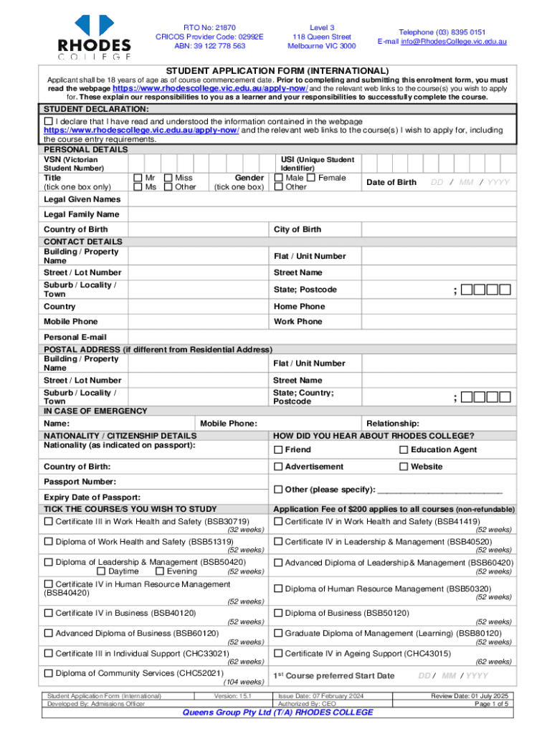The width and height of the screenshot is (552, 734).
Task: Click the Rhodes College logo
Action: [x=95, y=36]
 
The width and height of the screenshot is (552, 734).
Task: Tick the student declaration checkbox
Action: [x=48, y=121]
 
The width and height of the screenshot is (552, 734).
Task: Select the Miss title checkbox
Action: [x=168, y=178]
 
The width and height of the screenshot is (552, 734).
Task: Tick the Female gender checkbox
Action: [x=311, y=178]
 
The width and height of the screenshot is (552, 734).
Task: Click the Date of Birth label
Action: [x=391, y=182]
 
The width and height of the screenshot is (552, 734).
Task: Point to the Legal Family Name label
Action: [x=82, y=214]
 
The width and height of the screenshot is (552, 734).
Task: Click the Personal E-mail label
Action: [x=75, y=337]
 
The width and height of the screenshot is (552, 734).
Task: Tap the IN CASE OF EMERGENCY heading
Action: [x=95, y=411]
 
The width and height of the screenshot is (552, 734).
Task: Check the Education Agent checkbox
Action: [x=404, y=449]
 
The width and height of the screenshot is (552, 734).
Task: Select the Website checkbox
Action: [x=404, y=467]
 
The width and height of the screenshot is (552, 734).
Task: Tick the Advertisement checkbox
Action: [x=278, y=467]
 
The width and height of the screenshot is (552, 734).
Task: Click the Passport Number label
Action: [x=80, y=482]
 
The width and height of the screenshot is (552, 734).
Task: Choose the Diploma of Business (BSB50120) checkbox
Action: [x=278, y=613]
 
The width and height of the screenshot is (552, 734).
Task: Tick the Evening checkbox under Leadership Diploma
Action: [x=159, y=571]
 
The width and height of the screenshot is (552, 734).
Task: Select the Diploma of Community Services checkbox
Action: [x=48, y=672]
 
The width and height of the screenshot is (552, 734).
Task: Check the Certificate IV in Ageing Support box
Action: [x=278, y=653]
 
